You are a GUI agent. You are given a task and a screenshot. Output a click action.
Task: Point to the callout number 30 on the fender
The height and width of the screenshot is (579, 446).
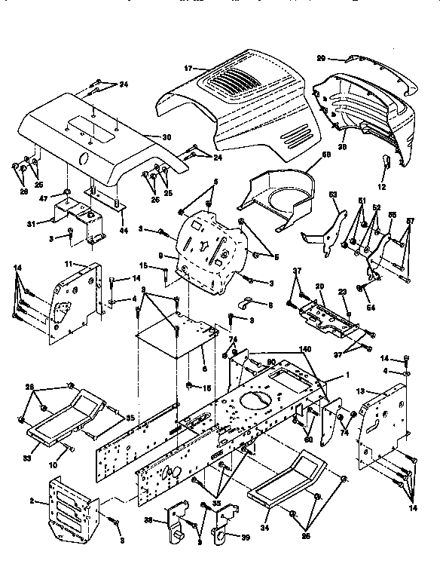[x=166, y=136]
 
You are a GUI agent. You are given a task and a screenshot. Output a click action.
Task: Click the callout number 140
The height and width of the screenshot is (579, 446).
[x=305, y=350]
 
